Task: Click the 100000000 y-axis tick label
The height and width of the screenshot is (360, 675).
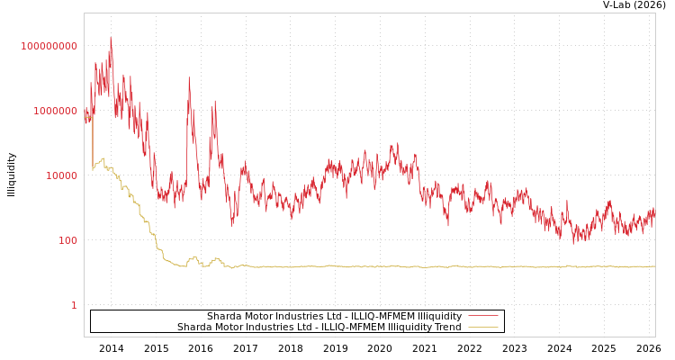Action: (x=49, y=46)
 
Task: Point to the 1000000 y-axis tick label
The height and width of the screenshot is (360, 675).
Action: (x=49, y=111)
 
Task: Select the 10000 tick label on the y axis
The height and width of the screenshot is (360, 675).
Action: (x=61, y=175)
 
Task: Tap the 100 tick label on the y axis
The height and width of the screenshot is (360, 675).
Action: (x=67, y=240)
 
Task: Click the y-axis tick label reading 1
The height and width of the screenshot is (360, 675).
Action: (x=74, y=305)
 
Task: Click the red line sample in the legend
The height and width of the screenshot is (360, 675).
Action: (x=483, y=317)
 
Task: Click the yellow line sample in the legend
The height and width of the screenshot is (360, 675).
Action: (x=483, y=328)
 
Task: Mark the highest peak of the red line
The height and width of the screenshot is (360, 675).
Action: (x=111, y=38)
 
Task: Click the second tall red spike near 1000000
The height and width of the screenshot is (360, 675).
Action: (x=189, y=77)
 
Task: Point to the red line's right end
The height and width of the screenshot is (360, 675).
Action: (x=654, y=212)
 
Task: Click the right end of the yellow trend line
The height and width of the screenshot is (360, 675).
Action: (x=654, y=266)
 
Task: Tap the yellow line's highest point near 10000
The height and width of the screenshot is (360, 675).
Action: (x=103, y=158)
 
